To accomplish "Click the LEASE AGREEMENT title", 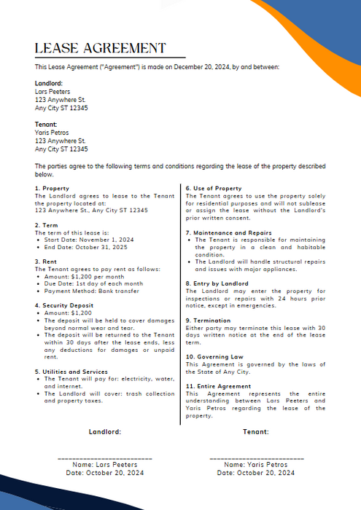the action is click(101, 49).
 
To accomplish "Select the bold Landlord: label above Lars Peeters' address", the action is click(49, 84).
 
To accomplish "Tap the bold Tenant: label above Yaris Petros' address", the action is click(46, 125).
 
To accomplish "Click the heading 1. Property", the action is click(53, 188).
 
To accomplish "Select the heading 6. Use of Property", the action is click(214, 188).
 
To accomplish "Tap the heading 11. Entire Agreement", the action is click(218, 385).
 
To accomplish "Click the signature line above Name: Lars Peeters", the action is click(104, 457).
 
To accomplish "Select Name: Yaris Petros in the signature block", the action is click(256, 464).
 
